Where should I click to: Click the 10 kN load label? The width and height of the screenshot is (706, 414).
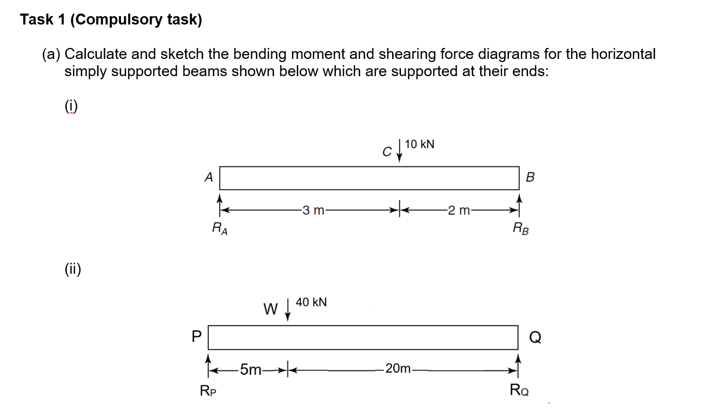coord(420,144)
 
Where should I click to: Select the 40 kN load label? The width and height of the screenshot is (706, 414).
coord(311,302)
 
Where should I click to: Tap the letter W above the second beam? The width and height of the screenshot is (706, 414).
coord(270,309)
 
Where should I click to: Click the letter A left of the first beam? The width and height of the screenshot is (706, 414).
coord(208,177)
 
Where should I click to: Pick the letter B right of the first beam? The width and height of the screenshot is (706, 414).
coord(530,177)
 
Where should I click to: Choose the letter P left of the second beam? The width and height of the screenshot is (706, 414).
coord(197,337)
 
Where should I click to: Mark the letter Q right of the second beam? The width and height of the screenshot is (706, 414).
coord(535,338)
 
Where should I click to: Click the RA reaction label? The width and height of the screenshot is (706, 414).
coord(219,227)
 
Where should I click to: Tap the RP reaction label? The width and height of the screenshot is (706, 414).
coord(209,389)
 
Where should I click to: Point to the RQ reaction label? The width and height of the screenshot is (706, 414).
coord(519,389)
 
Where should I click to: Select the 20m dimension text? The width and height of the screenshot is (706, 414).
coord(399,369)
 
